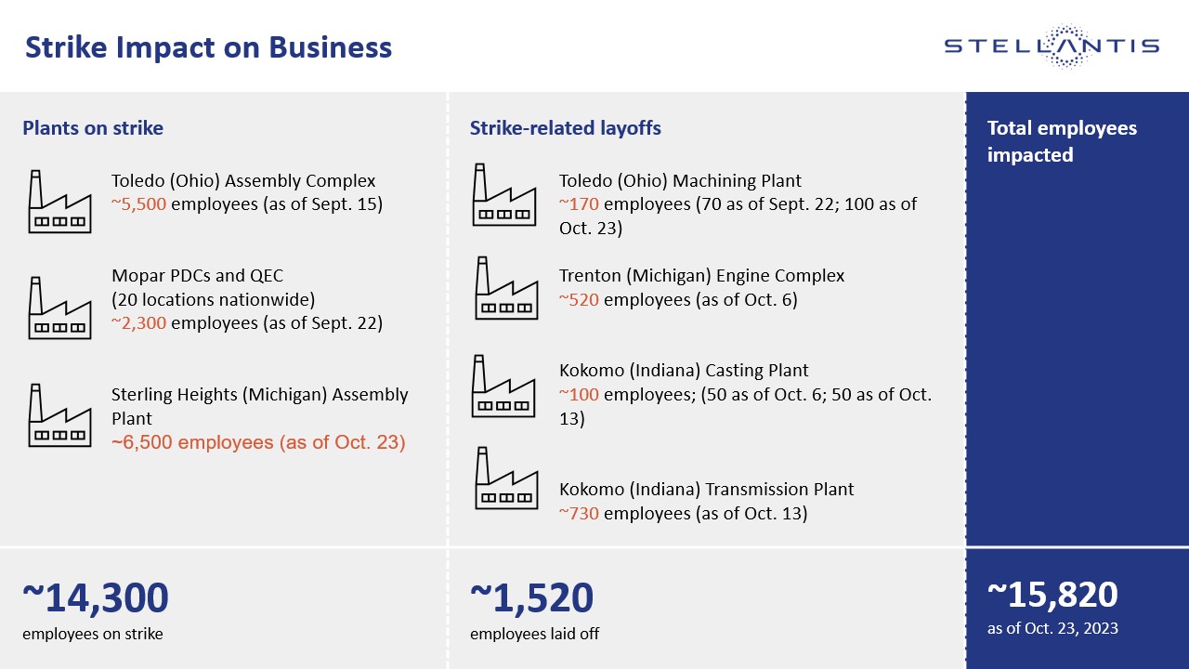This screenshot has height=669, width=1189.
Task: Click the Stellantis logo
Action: coord(1052,46)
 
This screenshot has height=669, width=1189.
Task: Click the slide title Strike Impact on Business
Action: coord(207,47)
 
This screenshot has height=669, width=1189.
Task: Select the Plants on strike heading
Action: coord(93,128)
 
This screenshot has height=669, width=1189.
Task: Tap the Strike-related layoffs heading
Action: coord(565,128)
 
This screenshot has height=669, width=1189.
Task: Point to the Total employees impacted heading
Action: coord(1061,141)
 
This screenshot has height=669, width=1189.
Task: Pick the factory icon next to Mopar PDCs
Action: coord(59,307)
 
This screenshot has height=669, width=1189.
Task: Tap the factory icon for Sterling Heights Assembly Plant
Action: coord(59,414)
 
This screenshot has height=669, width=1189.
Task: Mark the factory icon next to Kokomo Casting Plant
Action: coord(504,386)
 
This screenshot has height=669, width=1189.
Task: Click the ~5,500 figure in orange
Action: coord(139,204)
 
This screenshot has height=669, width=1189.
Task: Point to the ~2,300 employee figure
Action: coord(139,323)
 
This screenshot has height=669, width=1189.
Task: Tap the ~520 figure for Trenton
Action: coord(579,299)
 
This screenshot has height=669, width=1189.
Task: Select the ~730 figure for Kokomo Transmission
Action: coord(579,513)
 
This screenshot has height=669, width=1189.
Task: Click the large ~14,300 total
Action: coord(96,597)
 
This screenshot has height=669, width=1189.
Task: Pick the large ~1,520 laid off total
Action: coord(531,597)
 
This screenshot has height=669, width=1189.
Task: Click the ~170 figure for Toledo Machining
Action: coord(579,204)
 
